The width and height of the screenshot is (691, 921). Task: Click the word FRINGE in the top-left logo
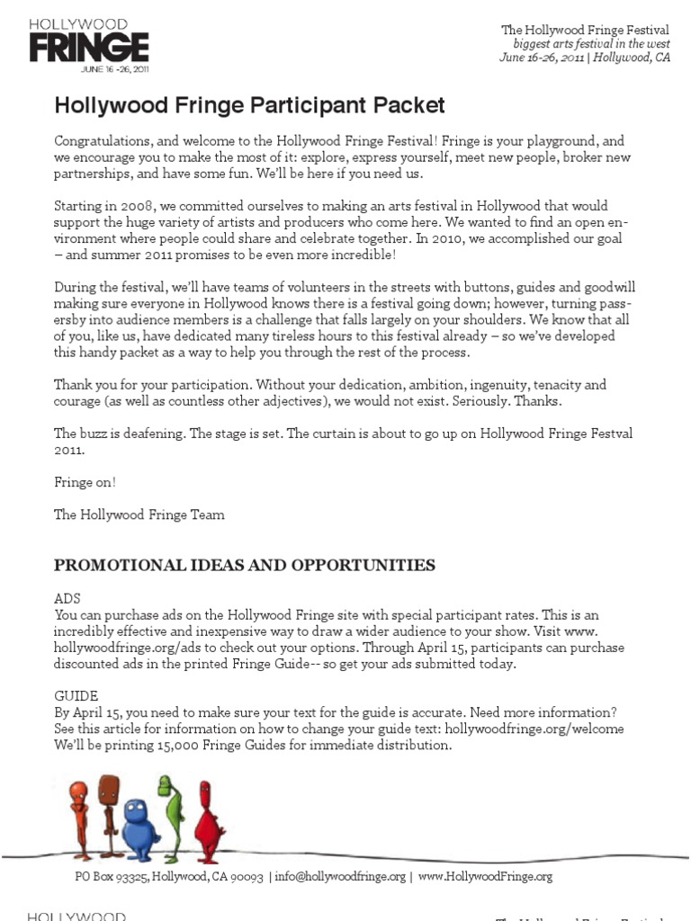point(88,46)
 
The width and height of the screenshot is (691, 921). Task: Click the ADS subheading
point(67,597)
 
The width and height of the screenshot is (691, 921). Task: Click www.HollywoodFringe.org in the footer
point(485,876)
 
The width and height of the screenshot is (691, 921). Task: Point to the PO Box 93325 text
point(112,876)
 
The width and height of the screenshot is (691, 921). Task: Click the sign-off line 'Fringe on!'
point(85,482)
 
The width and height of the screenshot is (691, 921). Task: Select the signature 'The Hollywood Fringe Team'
point(139,514)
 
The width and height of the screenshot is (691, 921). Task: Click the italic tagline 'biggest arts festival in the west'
point(591,44)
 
